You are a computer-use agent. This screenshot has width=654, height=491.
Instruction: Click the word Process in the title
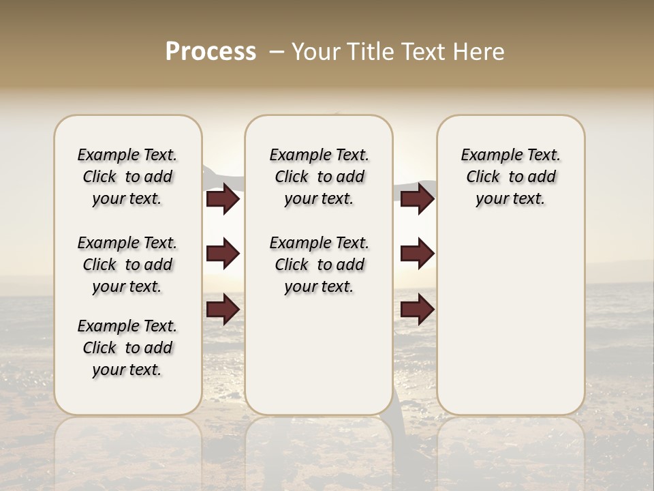tap(211, 52)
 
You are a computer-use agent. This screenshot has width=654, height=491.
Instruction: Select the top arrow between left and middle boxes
tap(223, 199)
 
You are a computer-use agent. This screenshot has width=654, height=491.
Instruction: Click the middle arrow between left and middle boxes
tap(223, 254)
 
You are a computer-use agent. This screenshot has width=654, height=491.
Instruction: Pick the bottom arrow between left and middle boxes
tap(223, 309)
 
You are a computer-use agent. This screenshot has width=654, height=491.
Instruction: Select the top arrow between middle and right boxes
tap(417, 199)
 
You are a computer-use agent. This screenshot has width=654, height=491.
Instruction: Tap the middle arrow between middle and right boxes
tap(417, 254)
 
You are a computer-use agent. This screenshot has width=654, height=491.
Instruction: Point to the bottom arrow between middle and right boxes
tap(417, 309)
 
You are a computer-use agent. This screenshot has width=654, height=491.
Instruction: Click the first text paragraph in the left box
tap(127, 177)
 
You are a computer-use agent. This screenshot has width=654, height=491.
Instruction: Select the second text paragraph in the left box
tap(127, 265)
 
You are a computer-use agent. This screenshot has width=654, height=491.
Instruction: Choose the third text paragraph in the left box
tap(127, 348)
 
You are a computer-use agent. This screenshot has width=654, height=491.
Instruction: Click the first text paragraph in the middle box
tap(319, 177)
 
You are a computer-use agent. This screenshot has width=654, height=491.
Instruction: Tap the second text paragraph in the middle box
tap(319, 265)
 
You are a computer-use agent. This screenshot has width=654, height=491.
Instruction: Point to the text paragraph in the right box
tap(510, 177)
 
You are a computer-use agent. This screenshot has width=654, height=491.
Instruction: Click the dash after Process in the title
tap(276, 52)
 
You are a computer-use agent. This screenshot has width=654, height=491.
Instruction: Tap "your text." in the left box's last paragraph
tap(127, 370)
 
